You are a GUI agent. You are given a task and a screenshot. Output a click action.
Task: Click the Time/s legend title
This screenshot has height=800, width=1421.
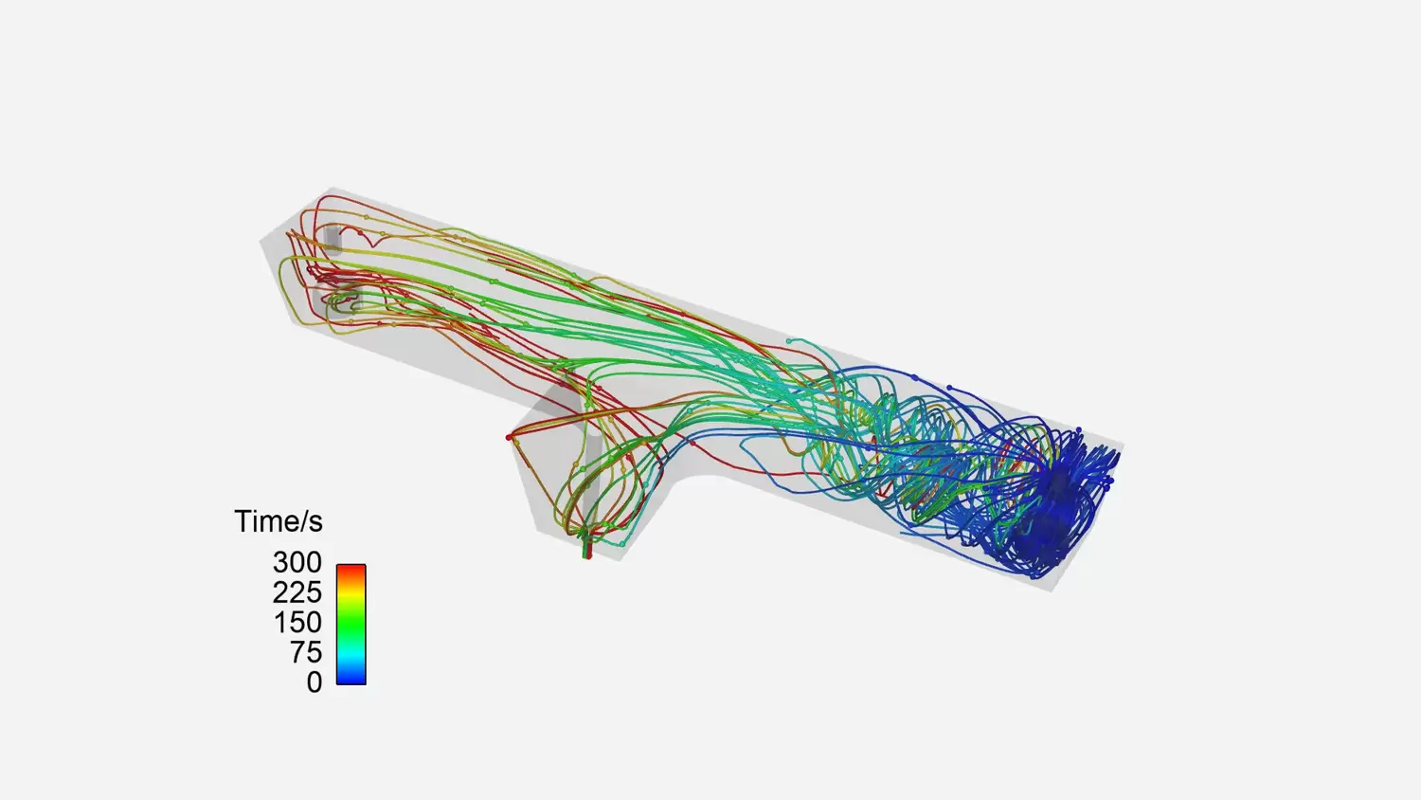click(279, 522)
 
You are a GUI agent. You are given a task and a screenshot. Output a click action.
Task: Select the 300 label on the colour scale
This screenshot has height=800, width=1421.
click(297, 562)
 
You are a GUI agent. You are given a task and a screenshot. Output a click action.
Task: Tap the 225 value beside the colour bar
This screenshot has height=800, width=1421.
click(297, 592)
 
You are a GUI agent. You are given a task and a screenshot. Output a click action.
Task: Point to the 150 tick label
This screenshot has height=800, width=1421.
click(297, 622)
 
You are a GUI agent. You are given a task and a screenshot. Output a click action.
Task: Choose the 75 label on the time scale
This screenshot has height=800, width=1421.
click(306, 652)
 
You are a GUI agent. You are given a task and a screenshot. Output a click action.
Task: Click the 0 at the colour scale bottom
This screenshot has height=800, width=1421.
click(314, 682)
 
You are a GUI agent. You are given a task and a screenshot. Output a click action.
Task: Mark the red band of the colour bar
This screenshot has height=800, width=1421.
click(351, 572)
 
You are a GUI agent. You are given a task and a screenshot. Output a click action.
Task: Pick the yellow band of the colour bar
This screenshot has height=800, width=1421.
click(351, 593)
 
